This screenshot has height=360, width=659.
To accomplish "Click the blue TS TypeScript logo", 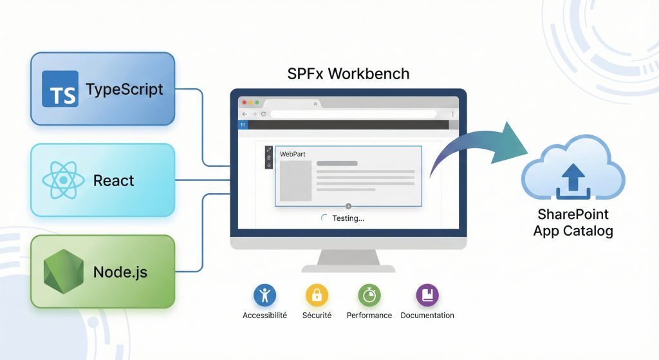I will point(60,89).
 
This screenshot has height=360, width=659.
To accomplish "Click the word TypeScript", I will point(124,90).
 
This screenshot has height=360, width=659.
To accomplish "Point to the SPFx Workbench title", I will point(348,73).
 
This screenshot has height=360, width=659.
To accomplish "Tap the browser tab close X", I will point(315,103).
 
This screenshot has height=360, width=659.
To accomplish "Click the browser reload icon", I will point(263,114).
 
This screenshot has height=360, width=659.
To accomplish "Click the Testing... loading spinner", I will point(324,218).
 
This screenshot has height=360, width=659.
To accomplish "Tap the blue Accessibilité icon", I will point(265,296).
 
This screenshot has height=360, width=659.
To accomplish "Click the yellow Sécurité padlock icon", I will point(316,296).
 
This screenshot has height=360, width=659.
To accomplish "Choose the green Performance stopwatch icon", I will point(369,296).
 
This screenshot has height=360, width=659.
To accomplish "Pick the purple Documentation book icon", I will point(427,296).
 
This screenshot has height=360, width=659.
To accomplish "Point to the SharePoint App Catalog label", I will point(573,222).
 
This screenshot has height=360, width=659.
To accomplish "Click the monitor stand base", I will point(348,267).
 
